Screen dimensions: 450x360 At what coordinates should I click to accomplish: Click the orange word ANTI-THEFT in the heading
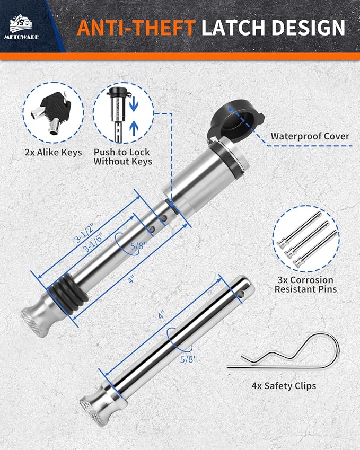[x=137, y=27]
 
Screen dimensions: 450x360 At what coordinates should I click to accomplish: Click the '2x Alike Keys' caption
[x=53, y=153]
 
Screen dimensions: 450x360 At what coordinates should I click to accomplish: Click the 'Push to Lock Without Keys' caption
[x=123, y=157]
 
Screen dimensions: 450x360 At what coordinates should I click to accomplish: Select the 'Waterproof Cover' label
[x=310, y=136]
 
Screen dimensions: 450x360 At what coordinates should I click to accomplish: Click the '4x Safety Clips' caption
[x=284, y=385]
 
